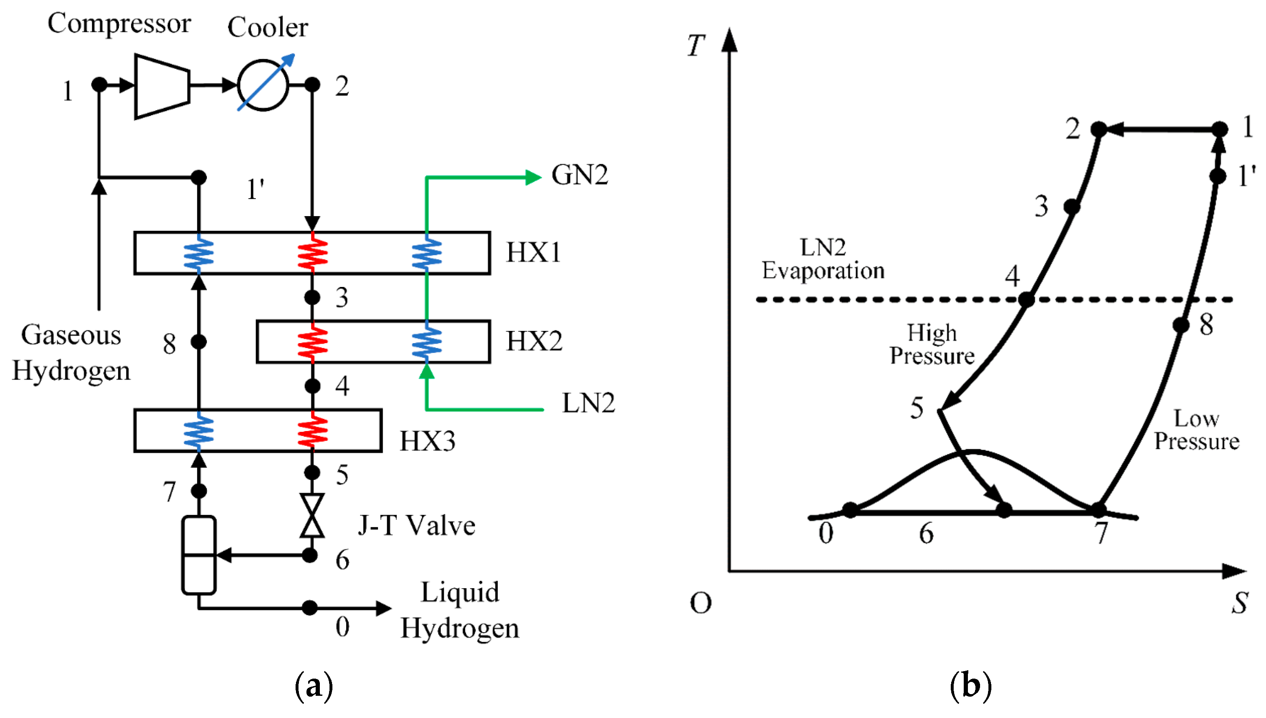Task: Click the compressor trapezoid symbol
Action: coord(162,86)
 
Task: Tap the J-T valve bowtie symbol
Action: coord(312,515)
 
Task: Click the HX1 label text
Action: coord(534,253)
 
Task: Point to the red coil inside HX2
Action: coord(312,341)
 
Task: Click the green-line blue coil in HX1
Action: coord(427,253)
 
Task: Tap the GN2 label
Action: coord(579,175)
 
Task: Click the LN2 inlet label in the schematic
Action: coord(588,403)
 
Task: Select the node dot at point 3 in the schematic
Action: coord(312,297)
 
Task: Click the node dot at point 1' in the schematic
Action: coord(198,177)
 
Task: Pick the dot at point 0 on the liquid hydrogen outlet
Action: coord(309,607)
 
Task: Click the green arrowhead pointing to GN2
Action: coord(533,177)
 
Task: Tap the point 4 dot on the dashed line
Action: coord(1026,300)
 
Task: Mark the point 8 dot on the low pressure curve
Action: coord(1181,325)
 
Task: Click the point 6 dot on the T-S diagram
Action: coord(1004,510)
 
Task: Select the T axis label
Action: coord(696,46)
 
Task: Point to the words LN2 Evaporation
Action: coord(823,259)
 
